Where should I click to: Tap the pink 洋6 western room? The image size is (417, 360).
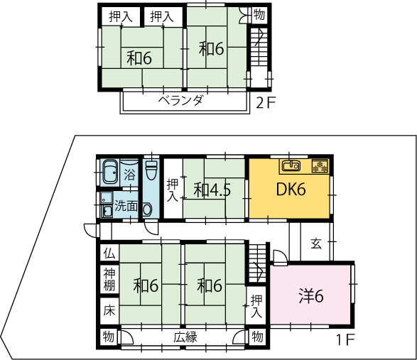310,295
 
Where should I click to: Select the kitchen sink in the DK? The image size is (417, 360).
291,165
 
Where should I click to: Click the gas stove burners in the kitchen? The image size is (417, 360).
320,166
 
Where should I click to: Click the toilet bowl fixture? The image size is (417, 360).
151,170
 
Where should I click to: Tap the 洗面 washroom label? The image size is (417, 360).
126,206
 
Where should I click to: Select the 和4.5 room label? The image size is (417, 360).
212,190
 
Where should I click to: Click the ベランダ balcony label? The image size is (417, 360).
181,101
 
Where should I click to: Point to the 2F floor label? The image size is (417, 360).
266,103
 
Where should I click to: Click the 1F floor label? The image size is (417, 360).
346,339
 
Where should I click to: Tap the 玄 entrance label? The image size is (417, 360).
316,244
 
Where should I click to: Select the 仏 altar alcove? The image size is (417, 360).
109,253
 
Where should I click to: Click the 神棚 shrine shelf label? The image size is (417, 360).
109,280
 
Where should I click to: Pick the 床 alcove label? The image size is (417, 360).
109,310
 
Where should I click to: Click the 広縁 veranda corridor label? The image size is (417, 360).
185,337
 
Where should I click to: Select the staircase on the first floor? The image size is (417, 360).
257,263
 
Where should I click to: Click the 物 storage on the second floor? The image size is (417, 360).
259,15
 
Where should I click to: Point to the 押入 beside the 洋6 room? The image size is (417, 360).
256,306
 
